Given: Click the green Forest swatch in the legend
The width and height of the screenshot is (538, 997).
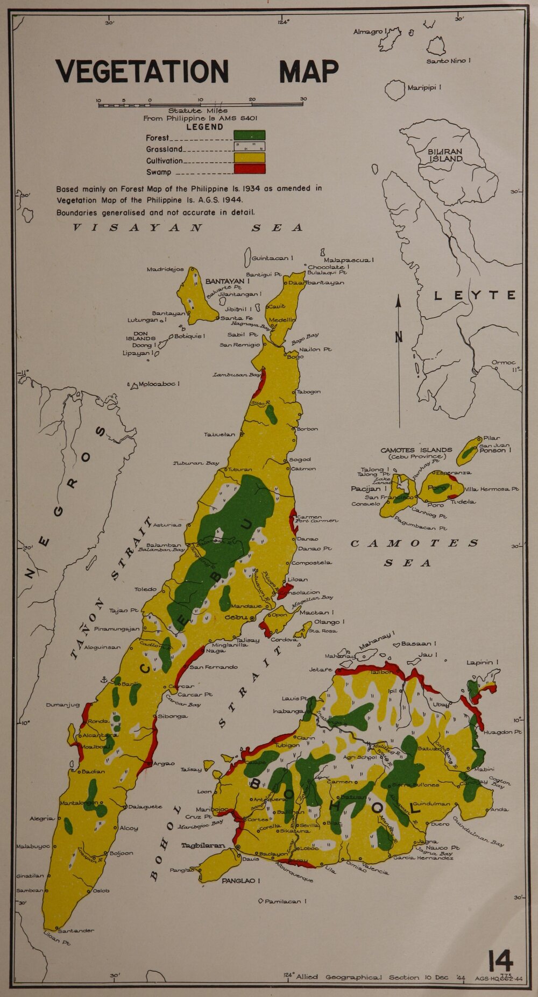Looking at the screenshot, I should pos(249,135).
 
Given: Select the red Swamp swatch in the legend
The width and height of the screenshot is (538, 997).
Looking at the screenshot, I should pos(249,169).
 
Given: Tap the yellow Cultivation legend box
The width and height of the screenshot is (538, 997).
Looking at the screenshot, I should pos(249,157).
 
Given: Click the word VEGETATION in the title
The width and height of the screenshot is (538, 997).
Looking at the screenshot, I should pos(142,71).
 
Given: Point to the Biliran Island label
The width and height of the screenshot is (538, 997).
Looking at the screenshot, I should pos(445,155).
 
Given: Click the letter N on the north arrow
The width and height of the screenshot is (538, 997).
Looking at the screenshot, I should pos(399,337).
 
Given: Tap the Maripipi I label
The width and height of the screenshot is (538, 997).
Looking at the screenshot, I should pos(424,88).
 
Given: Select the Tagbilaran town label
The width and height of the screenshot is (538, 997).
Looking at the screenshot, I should pos(203,845).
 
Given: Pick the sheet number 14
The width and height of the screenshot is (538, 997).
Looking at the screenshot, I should pos(500,960).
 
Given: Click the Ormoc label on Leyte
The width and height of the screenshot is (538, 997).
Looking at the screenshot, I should pos(503,363).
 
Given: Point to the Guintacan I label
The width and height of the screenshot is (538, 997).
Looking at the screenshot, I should pos(272,259).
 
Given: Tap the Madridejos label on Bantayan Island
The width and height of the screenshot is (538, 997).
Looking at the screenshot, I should pos(165,269).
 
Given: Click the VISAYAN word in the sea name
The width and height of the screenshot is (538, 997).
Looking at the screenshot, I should pos(138,227).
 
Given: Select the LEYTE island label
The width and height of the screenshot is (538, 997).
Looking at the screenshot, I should pos(475,295).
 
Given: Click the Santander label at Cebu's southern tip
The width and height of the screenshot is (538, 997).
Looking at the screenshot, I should pos(76,930).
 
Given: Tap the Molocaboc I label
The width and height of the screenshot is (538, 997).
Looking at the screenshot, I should pos(159,384).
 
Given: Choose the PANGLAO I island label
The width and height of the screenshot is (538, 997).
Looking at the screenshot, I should pos(241,881).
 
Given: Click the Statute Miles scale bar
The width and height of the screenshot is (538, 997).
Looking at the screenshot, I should pos(200,105).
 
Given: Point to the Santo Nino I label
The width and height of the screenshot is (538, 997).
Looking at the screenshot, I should pos(448,61).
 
